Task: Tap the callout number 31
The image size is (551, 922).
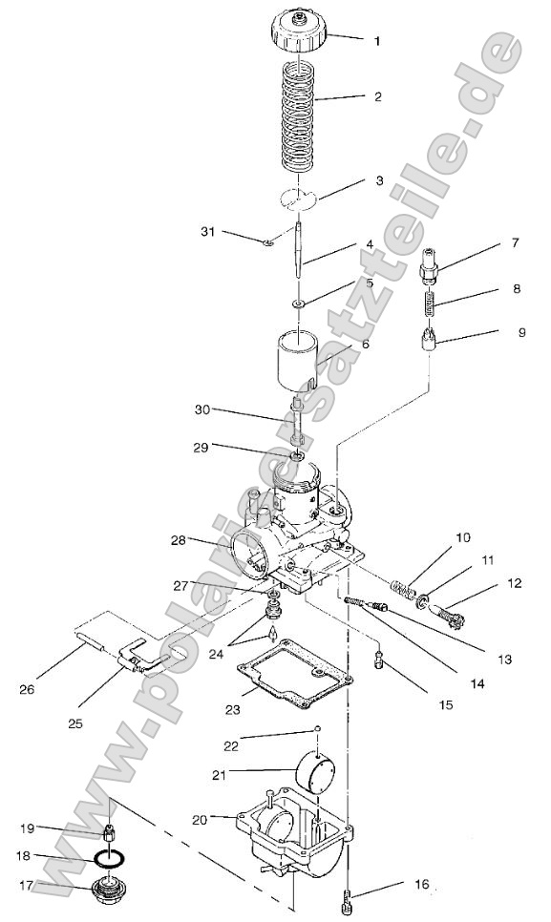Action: (209, 233)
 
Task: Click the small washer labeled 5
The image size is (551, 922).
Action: (299, 304)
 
